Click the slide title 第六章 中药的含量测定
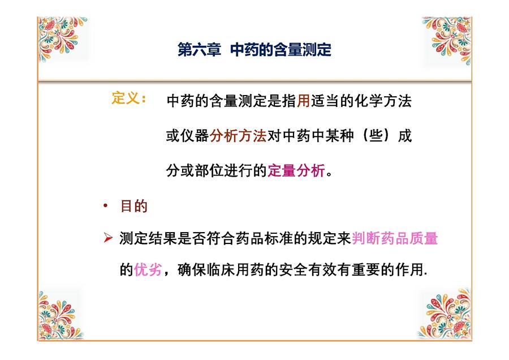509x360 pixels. pyautogui.click(x=255, y=50)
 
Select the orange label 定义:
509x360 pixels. pyautogui.click(x=128, y=98)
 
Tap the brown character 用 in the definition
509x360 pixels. pyautogui.click(x=303, y=101)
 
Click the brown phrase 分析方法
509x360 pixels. pyautogui.click(x=238, y=135)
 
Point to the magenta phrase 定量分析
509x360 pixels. pyautogui.click(x=296, y=170)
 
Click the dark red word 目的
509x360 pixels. pyautogui.click(x=133, y=206)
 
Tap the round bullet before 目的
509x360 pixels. pyautogui.click(x=105, y=205)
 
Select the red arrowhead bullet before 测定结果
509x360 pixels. pyautogui.click(x=108, y=238)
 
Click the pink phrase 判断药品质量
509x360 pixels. pyautogui.click(x=395, y=238)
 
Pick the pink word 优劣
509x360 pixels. pyautogui.click(x=148, y=269)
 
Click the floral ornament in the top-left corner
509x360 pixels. pyautogui.click(x=62, y=38)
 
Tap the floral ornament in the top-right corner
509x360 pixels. pyautogui.click(x=448, y=40)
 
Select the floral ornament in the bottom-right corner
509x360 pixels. pyautogui.click(x=445, y=314)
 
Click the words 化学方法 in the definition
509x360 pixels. pyautogui.click(x=383, y=101)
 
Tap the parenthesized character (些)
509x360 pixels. pyautogui.click(x=376, y=135)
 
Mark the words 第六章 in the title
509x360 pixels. pyautogui.click(x=199, y=50)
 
